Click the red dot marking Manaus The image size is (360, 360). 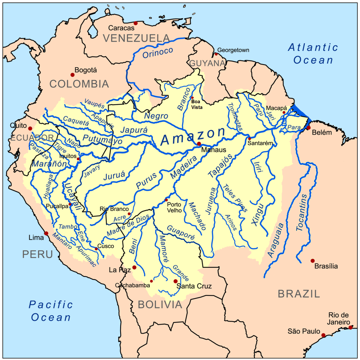[199, 144]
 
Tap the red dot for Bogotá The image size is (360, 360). [72, 75]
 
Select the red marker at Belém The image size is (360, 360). [308, 128]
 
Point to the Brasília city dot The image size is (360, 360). [313, 261]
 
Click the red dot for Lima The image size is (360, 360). [46, 233]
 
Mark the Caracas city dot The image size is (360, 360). [135, 23]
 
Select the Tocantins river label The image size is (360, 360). [302, 212]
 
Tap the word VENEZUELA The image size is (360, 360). [136, 38]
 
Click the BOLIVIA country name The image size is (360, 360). [160, 304]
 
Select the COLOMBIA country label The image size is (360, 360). [79, 84]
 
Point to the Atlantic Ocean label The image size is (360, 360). [313, 53]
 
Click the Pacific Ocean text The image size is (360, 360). [51, 311]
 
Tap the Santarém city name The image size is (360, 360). [260, 143]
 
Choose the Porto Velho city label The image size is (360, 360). [174, 207]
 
